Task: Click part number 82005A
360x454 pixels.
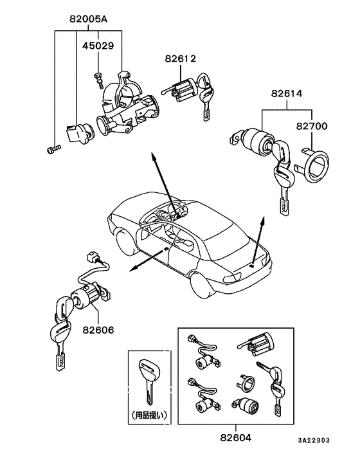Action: (x=88, y=19)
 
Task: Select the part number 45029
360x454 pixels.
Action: (x=97, y=46)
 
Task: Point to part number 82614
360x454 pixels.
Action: (x=285, y=94)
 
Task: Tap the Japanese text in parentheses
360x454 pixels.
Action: (x=148, y=414)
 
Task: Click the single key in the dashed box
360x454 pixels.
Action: (x=148, y=379)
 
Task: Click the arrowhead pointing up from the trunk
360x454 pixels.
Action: (x=263, y=219)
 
